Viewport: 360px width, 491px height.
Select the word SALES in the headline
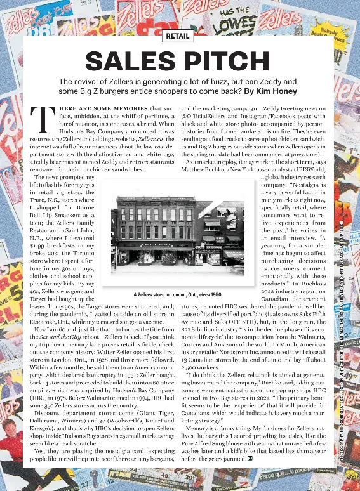coord(131,62)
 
